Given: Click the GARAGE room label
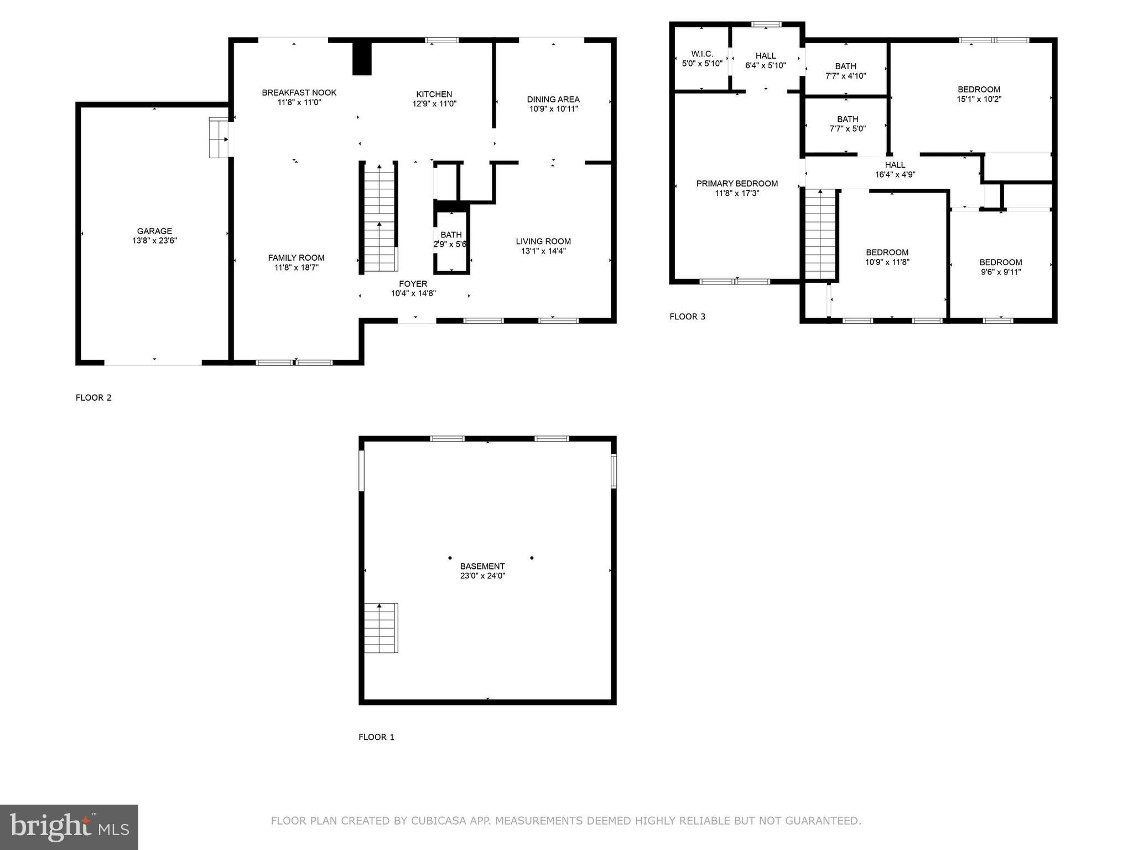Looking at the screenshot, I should click(154, 231).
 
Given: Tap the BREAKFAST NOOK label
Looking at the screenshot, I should click(299, 92).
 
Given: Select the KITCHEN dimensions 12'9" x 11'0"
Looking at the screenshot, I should click(434, 103).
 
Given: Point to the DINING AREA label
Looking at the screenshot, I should click(553, 99).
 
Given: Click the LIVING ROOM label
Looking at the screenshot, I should click(543, 241).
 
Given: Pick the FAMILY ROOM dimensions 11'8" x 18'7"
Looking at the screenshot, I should click(296, 268).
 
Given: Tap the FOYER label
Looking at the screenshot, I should click(413, 284).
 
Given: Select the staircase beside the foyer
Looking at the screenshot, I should click(380, 219).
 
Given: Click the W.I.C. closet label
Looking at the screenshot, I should click(701, 54).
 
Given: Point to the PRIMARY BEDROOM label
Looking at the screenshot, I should click(736, 183).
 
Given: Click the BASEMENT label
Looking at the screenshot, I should click(482, 566).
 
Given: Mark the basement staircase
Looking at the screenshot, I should click(381, 628).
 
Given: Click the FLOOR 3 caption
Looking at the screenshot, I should click(687, 317).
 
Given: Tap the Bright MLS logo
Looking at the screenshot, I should click(69, 827).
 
